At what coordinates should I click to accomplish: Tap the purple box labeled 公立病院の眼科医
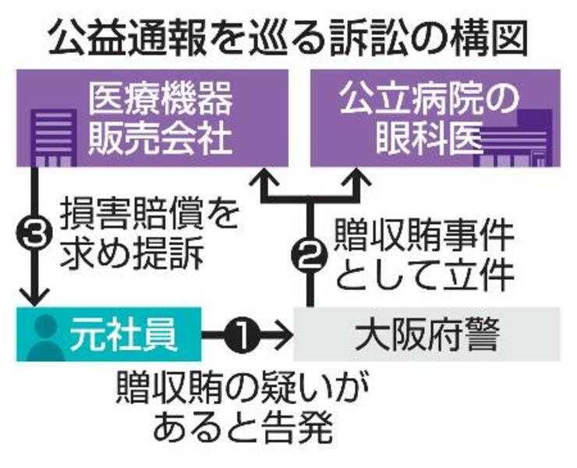coord(435,117)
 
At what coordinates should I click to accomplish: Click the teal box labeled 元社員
coord(108,334)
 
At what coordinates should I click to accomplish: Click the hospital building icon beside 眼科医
coord(519,140)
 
